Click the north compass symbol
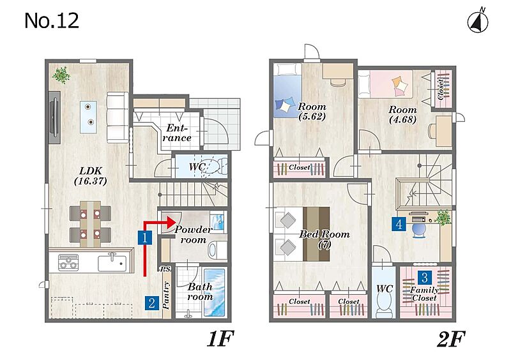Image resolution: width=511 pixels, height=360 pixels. point(478,22)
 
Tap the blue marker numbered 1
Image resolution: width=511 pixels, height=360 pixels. point(145,237)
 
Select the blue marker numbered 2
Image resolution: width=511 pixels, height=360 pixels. point(151,303)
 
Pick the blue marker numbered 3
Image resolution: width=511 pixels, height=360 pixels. point(425,278)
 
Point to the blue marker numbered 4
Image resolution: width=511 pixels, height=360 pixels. point(399,224)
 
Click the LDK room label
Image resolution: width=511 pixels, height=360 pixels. point(91,176)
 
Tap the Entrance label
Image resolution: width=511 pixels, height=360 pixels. point(177,133)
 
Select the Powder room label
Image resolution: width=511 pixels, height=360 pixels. point(194,234)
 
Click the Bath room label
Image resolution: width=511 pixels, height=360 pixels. point(200,292)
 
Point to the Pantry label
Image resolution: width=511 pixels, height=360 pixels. point(166,295)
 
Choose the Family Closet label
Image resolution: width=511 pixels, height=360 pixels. point(424,294)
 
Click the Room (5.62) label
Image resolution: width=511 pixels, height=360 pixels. point(312,112)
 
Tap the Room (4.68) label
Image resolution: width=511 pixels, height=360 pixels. point(403,114)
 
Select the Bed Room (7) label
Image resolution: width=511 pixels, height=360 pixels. point(324,239)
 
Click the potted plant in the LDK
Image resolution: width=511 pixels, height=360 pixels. point(61,75)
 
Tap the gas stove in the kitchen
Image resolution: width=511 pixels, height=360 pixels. point(68,262)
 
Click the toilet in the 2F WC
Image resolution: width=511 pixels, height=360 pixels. point(384,304)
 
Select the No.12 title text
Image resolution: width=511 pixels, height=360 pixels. point(52,20)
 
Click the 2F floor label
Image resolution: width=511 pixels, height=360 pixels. point(450,339)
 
